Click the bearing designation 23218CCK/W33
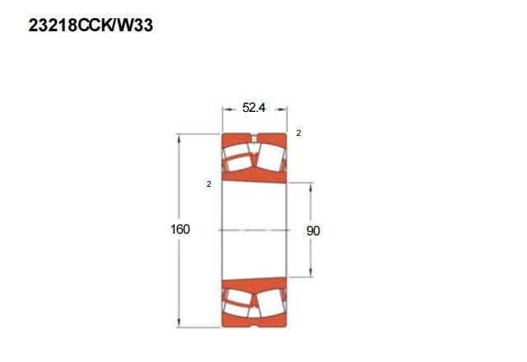click(91, 26)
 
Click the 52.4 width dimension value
click(254, 108)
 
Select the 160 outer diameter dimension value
click(180, 229)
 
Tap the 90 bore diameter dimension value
click(313, 230)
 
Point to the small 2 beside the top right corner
click(298, 133)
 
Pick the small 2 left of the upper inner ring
click(209, 184)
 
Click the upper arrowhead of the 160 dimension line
click(179, 138)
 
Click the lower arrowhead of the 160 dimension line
click(179, 323)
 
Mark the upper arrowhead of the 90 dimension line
click(310, 187)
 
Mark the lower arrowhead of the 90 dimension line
click(310, 273)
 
